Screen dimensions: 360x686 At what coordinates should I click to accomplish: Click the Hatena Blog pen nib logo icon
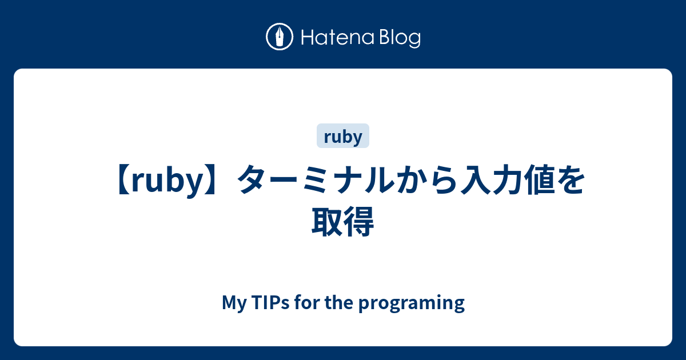280,38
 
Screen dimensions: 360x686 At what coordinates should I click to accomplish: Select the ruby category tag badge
343,137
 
